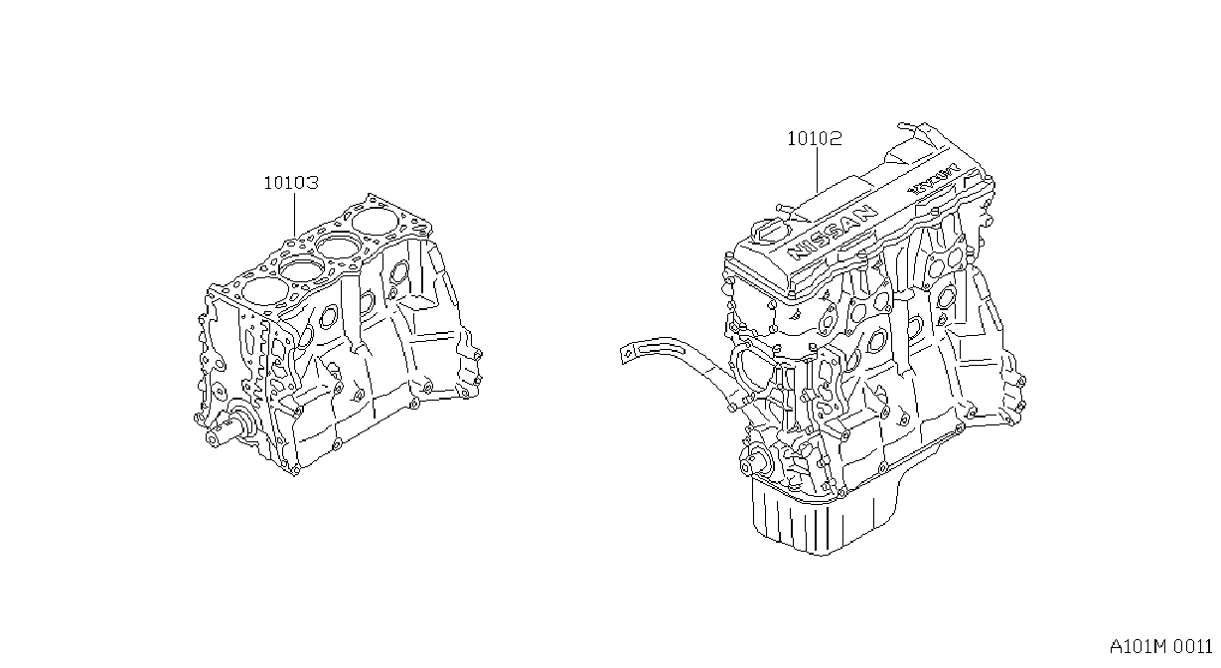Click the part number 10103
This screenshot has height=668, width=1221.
point(291,183)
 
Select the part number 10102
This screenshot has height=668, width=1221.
point(815,138)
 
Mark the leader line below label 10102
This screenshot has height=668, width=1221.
point(817,170)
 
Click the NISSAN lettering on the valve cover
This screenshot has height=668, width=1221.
point(833,232)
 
